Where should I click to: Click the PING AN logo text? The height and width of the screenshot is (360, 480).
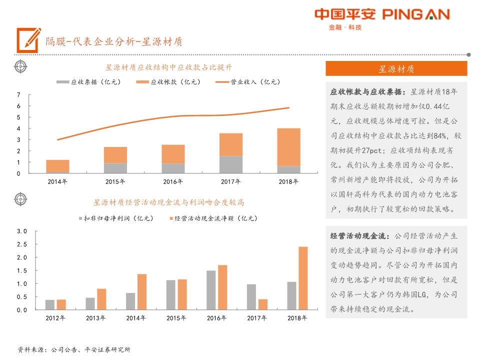pyautogui.click(x=416, y=14)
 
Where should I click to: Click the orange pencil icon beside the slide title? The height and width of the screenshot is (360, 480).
pyautogui.click(x=28, y=40)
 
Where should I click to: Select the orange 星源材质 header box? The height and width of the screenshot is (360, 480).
pyautogui.click(x=396, y=68)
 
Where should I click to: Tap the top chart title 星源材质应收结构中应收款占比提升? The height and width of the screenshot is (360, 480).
pyautogui.click(x=168, y=67)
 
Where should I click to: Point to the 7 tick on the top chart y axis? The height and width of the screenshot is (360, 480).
pyautogui.click(x=18, y=95)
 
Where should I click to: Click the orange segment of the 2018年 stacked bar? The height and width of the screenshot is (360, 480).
pyautogui.click(x=289, y=147)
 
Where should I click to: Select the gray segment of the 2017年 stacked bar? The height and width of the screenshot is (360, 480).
pyautogui.click(x=231, y=164)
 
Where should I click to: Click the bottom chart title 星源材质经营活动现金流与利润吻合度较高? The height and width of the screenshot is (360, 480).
pyautogui.click(x=168, y=202)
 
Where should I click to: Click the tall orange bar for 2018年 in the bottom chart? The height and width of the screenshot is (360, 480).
pyautogui.click(x=303, y=278)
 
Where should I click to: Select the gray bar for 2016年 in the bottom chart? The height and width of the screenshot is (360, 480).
pyautogui.click(x=211, y=290)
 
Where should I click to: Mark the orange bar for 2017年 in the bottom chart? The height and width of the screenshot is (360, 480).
pyautogui.click(x=263, y=304)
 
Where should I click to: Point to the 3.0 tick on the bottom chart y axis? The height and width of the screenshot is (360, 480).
pyautogui.click(x=21, y=231)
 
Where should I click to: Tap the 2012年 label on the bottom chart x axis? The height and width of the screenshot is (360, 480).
pyautogui.click(x=55, y=318)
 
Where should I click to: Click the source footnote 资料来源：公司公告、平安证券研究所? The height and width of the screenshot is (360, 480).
pyautogui.click(x=74, y=349)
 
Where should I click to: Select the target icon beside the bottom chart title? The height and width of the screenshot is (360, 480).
pyautogui.click(x=20, y=199)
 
